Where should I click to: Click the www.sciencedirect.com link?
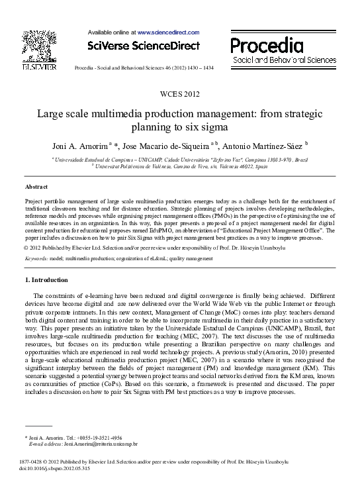168,31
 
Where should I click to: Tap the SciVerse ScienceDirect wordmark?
144,45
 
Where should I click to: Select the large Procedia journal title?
267,46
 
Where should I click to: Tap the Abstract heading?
36,187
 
